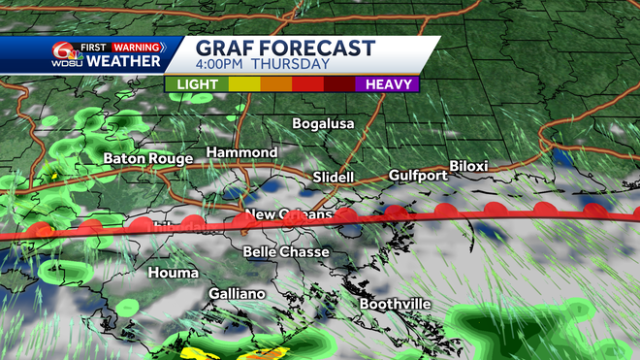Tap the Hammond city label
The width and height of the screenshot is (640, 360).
tap(241, 153)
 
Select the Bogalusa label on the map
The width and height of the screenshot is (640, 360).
tap(323, 124)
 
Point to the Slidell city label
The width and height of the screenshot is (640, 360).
tap(334, 178)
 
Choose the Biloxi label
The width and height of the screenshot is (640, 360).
tap(467, 166)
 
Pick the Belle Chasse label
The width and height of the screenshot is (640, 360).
tap(286, 252)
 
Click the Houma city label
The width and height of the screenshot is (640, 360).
tap(173, 273)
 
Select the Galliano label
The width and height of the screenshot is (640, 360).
tap(237, 293)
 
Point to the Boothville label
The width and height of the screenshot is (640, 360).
tap(395, 304)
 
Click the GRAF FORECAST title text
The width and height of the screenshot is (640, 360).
tap(284, 49)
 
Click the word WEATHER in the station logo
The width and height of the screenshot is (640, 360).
tap(125, 61)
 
